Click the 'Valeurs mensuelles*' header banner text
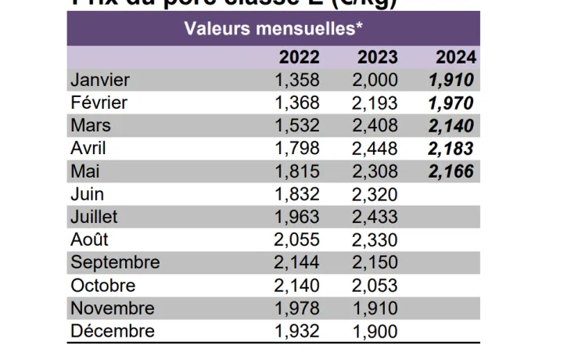point(273,29)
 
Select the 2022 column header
point(299,57)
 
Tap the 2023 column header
point(377,57)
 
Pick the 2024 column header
point(455,57)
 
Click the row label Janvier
point(100,80)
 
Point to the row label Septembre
point(115,262)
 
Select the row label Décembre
point(113,331)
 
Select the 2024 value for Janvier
point(451,80)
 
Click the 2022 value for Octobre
point(297,286)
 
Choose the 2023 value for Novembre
point(375,308)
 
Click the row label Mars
point(91,125)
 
